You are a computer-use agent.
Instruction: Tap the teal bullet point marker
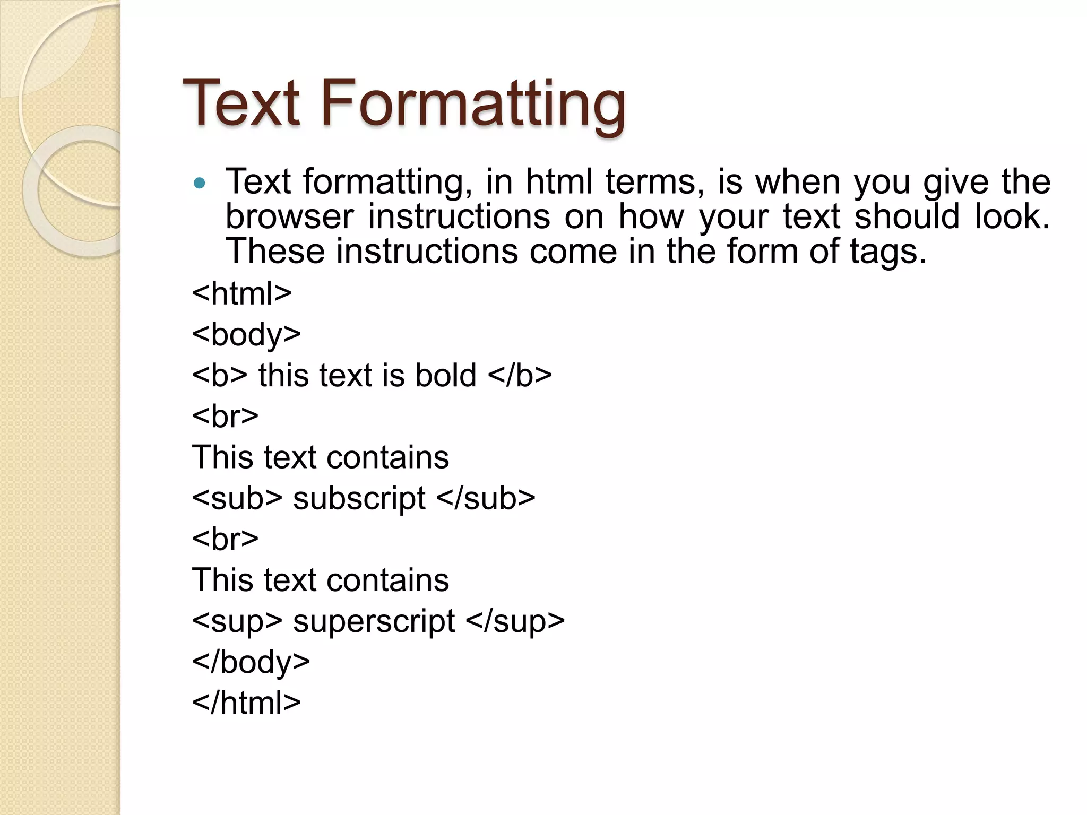[x=200, y=184]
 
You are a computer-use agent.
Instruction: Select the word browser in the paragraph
[x=289, y=216]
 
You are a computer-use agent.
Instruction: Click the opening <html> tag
[x=242, y=293]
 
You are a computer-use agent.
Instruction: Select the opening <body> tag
[x=247, y=334]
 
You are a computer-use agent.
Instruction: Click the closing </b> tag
[x=520, y=375]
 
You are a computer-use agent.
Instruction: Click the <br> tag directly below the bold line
[x=226, y=416]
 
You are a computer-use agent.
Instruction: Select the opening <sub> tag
[x=237, y=498]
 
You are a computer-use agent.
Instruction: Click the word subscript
[x=359, y=498]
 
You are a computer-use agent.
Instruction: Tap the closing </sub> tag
[x=486, y=498]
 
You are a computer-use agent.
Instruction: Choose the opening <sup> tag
[x=237, y=621]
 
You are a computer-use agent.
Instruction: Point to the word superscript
[x=374, y=621]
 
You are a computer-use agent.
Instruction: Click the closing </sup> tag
[x=515, y=621]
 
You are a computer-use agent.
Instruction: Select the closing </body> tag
[x=251, y=662]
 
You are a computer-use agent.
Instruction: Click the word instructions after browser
[x=459, y=216]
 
